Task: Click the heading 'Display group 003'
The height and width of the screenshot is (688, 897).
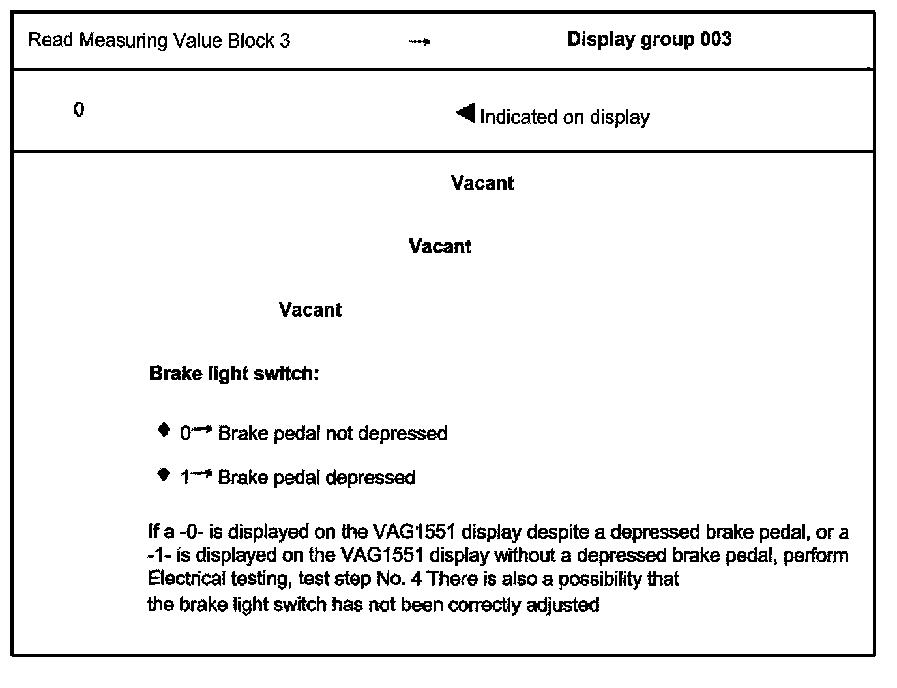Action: tap(649, 39)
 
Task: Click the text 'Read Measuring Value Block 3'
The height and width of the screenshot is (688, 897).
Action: tap(159, 40)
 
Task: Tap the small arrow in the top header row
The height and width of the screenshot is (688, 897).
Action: tap(420, 42)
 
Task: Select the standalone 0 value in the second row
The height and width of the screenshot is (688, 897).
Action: tap(79, 109)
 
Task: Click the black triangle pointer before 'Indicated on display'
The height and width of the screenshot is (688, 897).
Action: tap(466, 113)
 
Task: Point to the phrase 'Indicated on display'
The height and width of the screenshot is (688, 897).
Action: tap(565, 117)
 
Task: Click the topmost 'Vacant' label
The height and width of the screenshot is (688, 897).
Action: tap(482, 183)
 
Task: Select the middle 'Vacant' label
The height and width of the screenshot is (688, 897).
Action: tap(440, 246)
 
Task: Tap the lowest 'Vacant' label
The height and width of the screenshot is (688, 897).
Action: tap(310, 309)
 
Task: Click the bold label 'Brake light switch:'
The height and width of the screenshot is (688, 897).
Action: tap(234, 373)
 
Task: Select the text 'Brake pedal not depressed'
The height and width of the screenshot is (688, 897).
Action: tap(332, 433)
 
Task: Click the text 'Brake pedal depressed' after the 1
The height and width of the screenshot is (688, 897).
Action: tap(317, 478)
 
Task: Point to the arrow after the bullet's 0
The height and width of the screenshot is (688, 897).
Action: tap(202, 429)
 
